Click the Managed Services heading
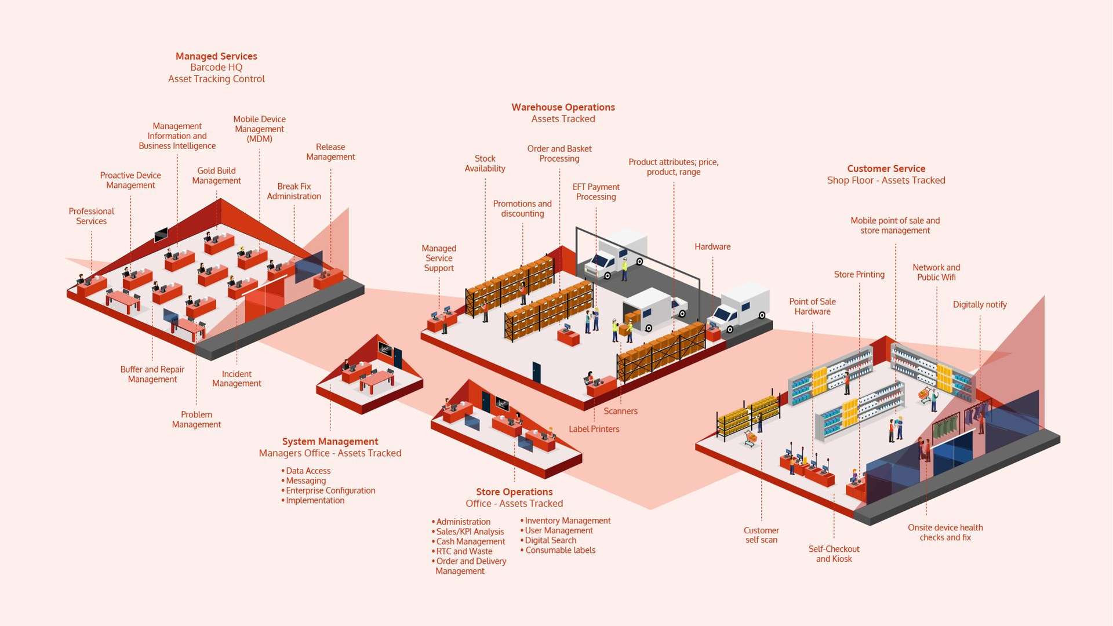pos(216,56)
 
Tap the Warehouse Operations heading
pos(563,107)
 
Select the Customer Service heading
pos(886,169)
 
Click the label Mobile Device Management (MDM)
pos(259,129)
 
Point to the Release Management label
pos(330,152)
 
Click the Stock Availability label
pos(485,163)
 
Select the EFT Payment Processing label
pos(596,192)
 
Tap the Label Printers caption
pos(594,429)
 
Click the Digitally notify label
pos(980,304)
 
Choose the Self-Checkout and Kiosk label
pos(834,554)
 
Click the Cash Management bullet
pos(470,541)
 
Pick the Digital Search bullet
pos(550,540)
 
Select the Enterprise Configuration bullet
pos(330,490)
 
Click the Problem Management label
pos(197,419)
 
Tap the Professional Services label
pos(91,216)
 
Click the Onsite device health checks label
pos(945,532)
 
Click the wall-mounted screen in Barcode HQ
pos(161,235)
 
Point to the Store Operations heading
pos(514,492)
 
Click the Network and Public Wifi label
pos(936,272)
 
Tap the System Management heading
pos(330,441)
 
